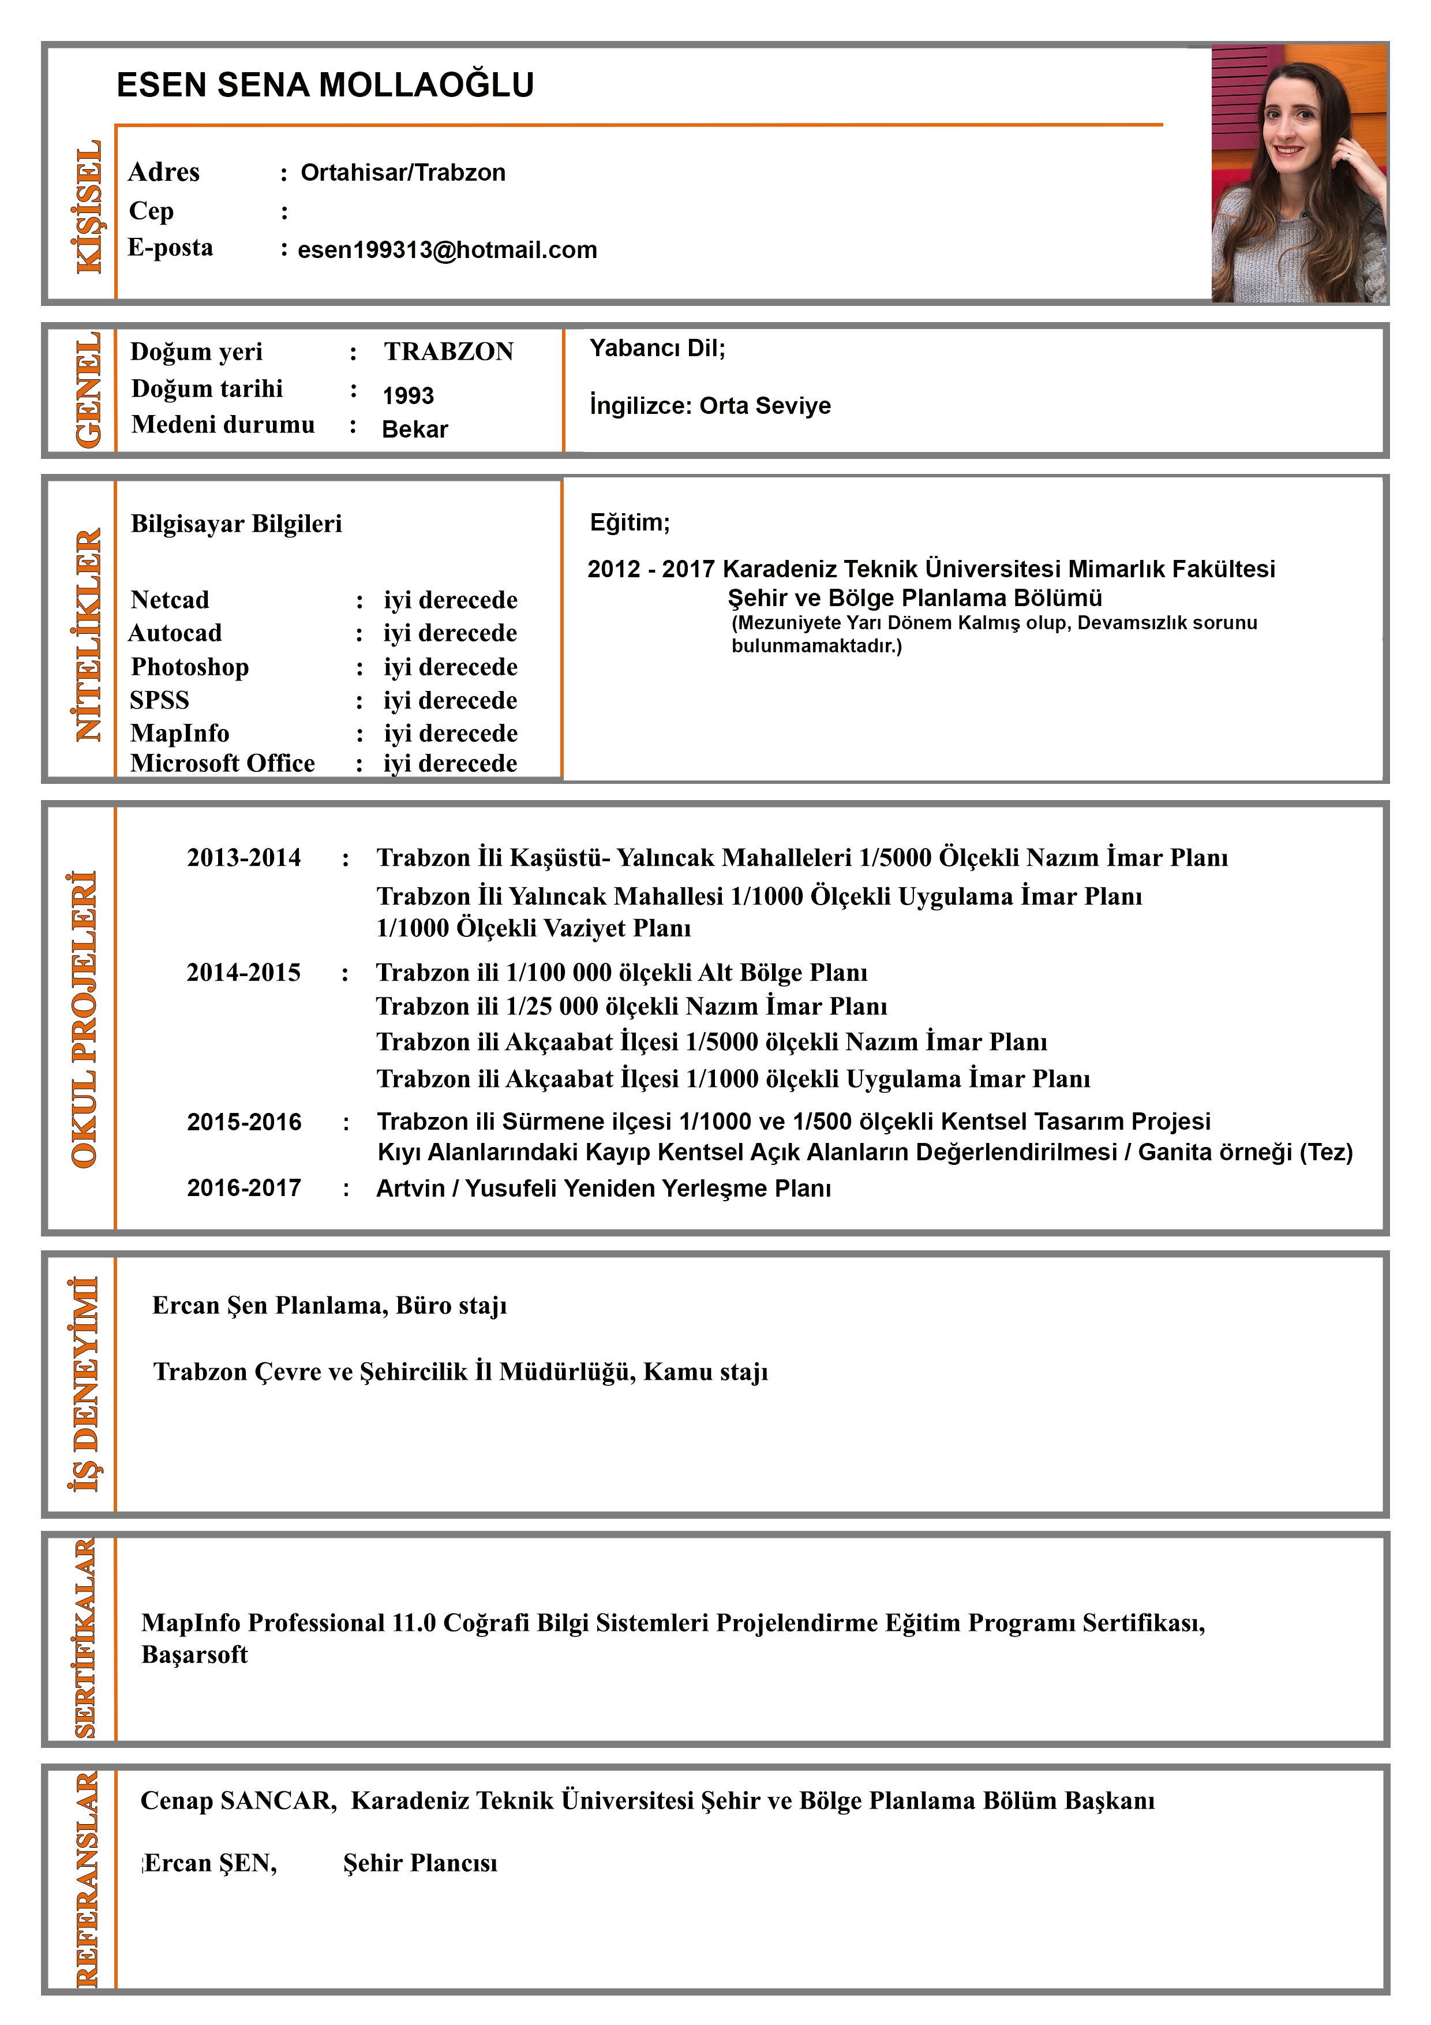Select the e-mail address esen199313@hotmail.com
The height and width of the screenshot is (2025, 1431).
447,249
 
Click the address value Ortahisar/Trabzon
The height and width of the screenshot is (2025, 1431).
403,172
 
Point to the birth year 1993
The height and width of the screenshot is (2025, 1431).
407,395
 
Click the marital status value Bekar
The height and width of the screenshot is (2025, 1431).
414,429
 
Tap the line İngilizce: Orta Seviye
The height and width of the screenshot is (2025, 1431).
710,406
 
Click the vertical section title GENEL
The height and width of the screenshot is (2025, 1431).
88,390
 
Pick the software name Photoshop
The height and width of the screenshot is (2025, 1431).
190,667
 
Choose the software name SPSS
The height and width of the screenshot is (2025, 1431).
160,700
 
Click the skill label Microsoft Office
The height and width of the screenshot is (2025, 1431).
222,763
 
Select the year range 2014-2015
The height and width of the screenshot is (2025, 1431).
244,972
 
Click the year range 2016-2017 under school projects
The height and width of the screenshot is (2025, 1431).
244,1188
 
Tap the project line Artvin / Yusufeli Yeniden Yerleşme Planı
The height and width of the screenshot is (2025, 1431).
603,1188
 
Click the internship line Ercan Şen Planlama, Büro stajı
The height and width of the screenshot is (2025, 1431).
329,1305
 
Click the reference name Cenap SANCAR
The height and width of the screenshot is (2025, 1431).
238,1800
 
